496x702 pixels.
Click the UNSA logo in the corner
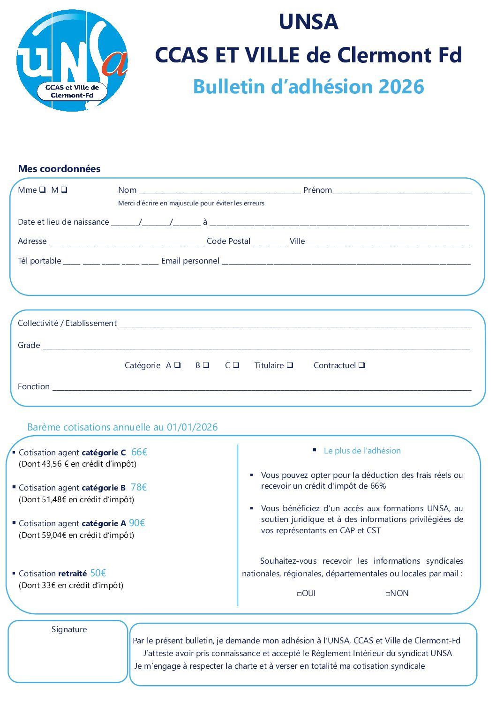coord(72,60)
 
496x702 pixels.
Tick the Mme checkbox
coord(42,189)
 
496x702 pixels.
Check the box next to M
coord(64,189)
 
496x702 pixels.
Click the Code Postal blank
coord(270,243)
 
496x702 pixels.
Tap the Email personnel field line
coord(346,263)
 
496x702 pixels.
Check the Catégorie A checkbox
coord(177,365)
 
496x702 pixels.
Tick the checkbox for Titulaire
coord(290,365)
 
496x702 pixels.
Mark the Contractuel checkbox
coord(361,365)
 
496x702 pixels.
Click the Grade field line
coord(256,347)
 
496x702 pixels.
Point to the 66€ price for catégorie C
coord(139,452)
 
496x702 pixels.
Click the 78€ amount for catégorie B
coord(139,487)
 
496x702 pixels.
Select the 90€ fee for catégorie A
coord(137,523)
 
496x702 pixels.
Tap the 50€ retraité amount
coord(98,573)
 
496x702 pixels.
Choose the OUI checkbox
coord(299,594)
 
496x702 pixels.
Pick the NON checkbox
coord(388,594)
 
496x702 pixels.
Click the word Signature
coord(69,629)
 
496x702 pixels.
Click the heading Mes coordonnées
coord(59,169)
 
